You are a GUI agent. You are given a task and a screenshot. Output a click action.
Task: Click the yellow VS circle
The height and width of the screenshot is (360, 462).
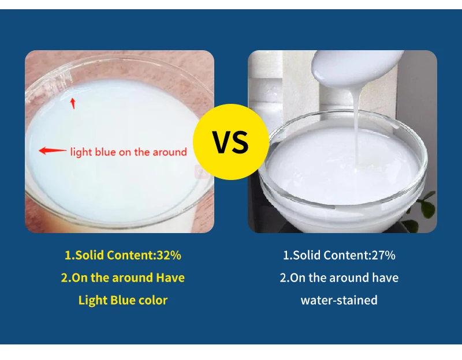point(230,142)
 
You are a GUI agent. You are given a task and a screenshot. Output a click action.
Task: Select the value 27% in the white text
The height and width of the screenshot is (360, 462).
point(383,255)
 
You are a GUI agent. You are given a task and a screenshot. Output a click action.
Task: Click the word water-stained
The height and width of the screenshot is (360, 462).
point(339,300)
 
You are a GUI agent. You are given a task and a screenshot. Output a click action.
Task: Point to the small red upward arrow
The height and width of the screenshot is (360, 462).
point(73,103)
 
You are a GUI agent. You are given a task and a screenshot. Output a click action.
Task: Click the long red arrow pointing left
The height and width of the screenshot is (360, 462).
point(53,151)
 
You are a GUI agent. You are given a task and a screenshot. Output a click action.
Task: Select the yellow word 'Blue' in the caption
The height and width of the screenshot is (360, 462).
point(124,300)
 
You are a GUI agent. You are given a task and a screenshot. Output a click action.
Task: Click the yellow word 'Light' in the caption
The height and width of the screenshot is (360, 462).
point(92,300)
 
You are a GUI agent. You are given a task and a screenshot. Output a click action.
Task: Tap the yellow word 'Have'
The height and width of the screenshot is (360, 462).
point(170,277)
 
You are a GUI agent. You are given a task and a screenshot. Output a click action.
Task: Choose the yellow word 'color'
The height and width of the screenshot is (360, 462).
point(153,300)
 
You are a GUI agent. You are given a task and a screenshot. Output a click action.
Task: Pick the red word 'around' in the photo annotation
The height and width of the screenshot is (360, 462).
point(170,152)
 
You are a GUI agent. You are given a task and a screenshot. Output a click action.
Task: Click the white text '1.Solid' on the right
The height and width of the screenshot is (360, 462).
point(302,255)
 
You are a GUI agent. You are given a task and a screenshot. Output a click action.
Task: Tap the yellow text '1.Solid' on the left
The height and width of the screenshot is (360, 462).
point(83,255)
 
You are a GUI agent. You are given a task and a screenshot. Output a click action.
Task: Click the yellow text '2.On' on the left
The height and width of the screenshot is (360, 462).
point(74,277)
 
